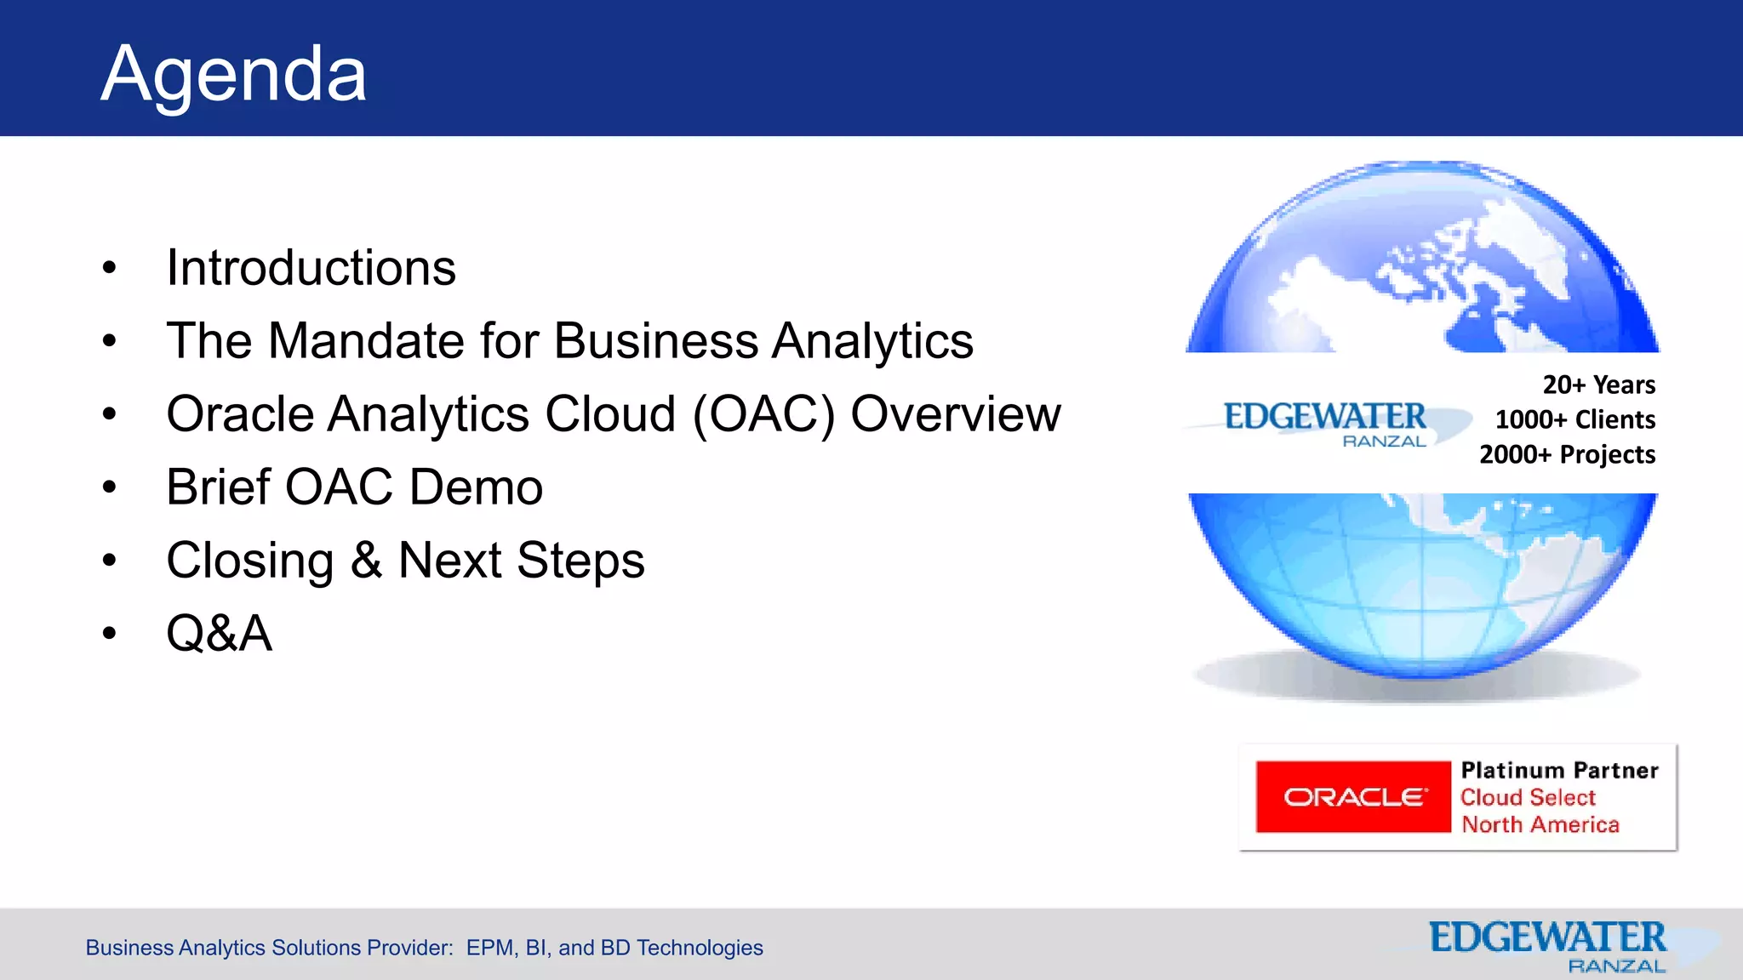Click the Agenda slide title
pos(233,75)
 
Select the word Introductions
pos(311,268)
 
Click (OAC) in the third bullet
pos(763,415)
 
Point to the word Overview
pos(955,414)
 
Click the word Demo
pos(476,487)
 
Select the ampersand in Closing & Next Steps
pos(366,561)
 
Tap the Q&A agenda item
pos(219,634)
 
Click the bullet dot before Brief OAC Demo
pos(109,488)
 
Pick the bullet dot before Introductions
pos(109,269)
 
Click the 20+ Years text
pos(1598,385)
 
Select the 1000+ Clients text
pos(1574,419)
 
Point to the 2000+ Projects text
pos(1567,454)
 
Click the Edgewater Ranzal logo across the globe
pos(1325,423)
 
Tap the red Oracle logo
pos(1352,797)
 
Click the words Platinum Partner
pos(1559,771)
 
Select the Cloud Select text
pos(1528,797)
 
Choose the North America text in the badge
pos(1540,824)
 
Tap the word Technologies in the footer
pos(700,948)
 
